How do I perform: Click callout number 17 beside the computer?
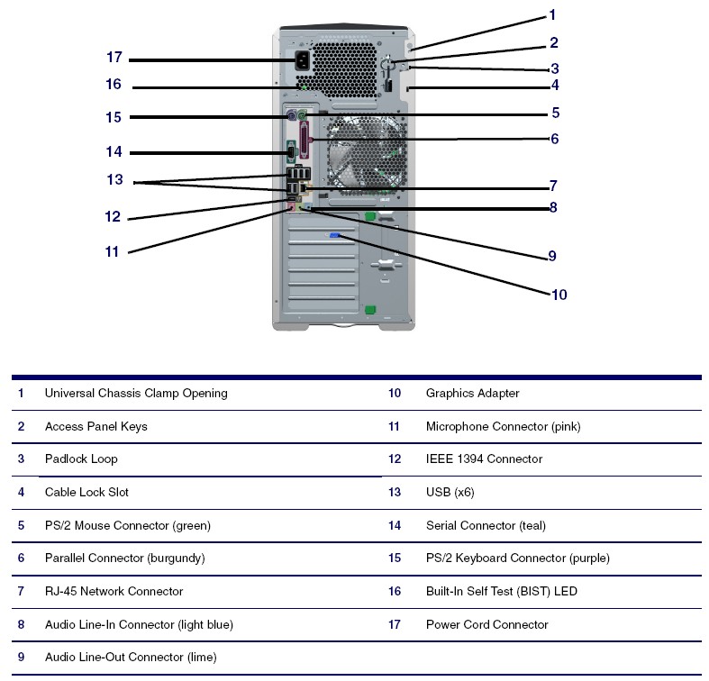(114, 58)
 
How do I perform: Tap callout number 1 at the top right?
(552, 15)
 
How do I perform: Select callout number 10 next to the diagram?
(559, 295)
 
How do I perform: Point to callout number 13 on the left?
(114, 180)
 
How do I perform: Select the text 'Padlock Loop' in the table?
(81, 459)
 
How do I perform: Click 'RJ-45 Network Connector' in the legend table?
(114, 592)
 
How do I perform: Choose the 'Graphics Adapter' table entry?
(472, 394)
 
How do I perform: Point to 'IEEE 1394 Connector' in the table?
(484, 459)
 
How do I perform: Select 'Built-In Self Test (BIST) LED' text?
(501, 592)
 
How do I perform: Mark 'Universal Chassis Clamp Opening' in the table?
(136, 394)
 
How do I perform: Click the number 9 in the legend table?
(21, 658)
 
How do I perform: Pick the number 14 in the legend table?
(395, 526)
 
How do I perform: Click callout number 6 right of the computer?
(555, 139)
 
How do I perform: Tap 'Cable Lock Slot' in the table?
(86, 493)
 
